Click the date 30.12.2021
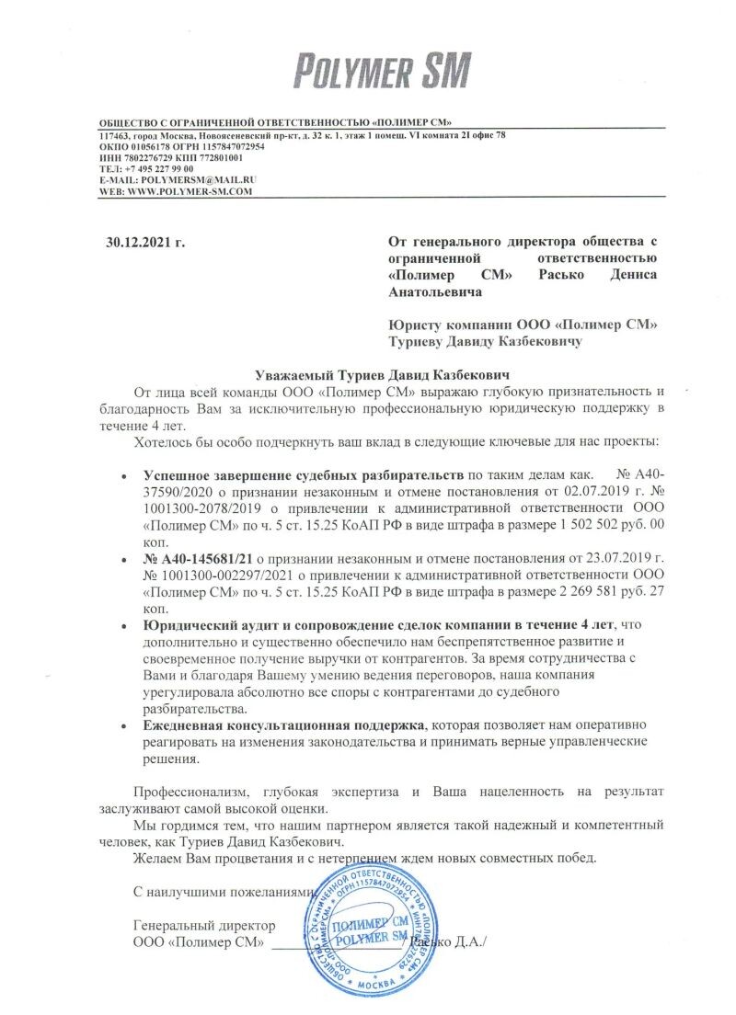coord(145,243)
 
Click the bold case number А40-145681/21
coord(198,558)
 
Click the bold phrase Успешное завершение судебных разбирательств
coord(304,474)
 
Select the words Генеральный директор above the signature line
coord(190,926)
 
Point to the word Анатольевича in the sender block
coord(435,291)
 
